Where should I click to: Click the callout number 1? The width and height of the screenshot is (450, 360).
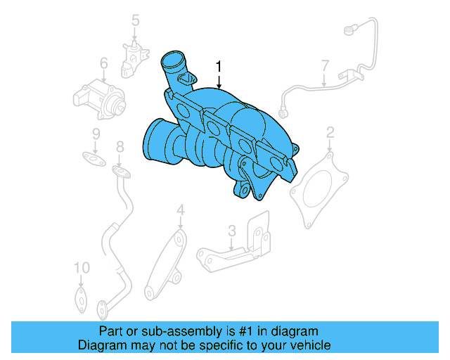(219, 67)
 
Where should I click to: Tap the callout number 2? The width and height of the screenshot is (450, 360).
(330, 131)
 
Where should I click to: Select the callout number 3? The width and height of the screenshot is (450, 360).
(231, 231)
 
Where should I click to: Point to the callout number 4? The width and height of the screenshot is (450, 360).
(180, 210)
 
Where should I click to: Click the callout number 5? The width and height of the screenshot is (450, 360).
(136, 22)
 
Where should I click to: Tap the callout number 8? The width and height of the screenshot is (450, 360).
(120, 147)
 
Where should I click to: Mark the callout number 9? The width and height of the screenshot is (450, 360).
(96, 134)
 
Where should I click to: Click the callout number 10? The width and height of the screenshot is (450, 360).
(82, 268)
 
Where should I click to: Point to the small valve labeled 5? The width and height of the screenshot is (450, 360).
(134, 56)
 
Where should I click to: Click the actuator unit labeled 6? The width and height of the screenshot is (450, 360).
(100, 98)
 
